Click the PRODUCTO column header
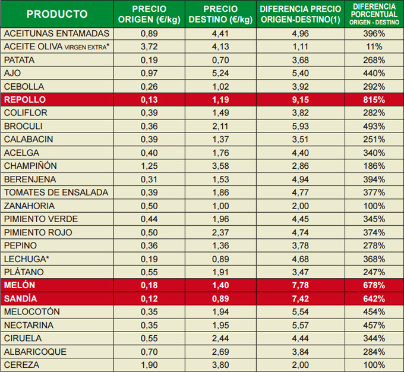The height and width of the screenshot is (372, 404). pyautogui.click(x=57, y=14)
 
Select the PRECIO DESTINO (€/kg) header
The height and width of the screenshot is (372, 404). pyautogui.click(x=220, y=14)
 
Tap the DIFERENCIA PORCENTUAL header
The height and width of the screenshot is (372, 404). pyautogui.click(x=374, y=14)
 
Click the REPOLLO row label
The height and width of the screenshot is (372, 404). pyautogui.click(x=25, y=100)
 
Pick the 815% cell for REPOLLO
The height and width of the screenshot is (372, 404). pyautogui.click(x=374, y=100)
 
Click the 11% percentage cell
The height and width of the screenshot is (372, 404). pyautogui.click(x=374, y=46)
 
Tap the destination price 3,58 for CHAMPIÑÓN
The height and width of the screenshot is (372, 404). pyautogui.click(x=220, y=166)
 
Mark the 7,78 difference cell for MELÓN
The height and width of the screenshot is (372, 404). pyautogui.click(x=301, y=285)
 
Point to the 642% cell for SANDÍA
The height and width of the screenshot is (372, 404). pyautogui.click(x=374, y=298)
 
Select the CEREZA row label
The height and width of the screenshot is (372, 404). pyautogui.click(x=23, y=365)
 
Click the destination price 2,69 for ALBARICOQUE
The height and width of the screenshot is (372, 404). pyautogui.click(x=220, y=352)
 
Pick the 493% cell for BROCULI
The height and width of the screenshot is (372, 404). pyautogui.click(x=374, y=126)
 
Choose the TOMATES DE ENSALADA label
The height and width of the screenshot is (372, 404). pyautogui.click(x=56, y=193)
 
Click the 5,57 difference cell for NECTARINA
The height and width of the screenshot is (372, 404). pyautogui.click(x=301, y=325)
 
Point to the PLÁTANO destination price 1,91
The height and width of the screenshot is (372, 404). pyautogui.click(x=220, y=272)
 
